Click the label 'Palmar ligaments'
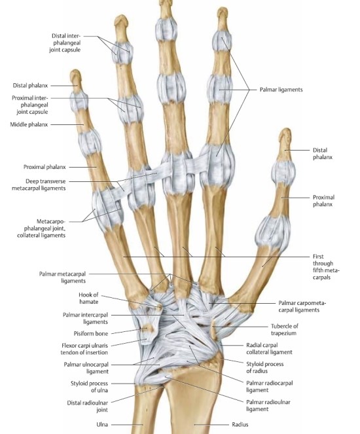281,90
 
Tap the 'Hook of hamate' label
88,298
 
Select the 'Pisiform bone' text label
91,334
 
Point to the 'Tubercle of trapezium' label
284,329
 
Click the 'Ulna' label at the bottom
102,424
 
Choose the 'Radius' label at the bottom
240,424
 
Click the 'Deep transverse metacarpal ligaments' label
39,185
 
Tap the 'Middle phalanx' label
29,124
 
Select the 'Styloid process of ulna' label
89,387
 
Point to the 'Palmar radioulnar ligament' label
268,405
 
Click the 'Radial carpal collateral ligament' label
269,348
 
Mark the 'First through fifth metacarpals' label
326,267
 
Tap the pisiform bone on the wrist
148,328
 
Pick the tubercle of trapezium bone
213,329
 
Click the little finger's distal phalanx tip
75,73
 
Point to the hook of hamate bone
158,306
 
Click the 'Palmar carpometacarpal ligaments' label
302,306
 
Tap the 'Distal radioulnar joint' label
88,406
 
